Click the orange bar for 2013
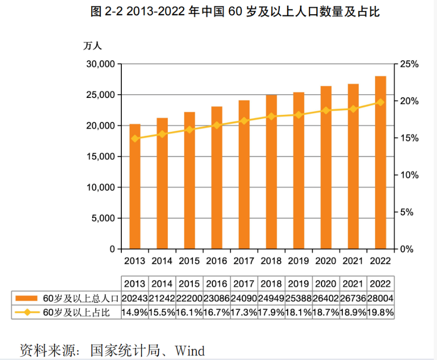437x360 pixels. tap(135, 186)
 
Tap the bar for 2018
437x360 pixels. tap(271, 172)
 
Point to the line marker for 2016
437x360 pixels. tap(217, 125)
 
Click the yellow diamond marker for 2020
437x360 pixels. tap(326, 111)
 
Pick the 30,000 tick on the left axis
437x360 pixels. tap(100, 64)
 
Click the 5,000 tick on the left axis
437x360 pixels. tap(102, 218)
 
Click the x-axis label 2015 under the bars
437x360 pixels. tap(189, 261)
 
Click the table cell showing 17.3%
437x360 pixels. tap(244, 312)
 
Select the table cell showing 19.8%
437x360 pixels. tap(381, 312)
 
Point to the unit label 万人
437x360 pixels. tap(92, 46)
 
